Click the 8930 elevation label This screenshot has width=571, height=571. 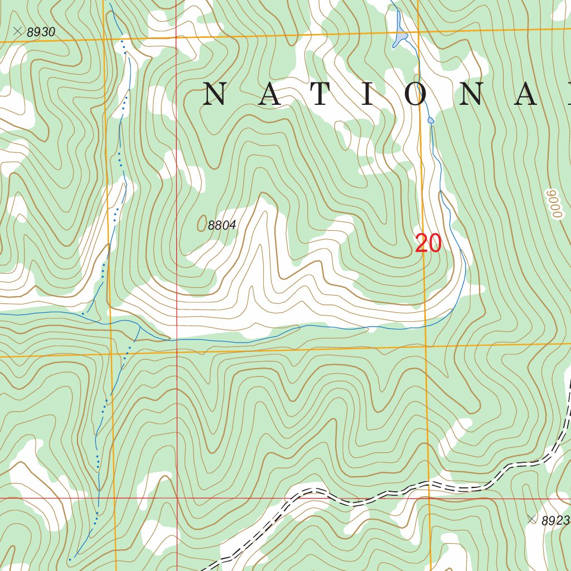pos(41,32)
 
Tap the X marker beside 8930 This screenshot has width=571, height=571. pos(18,32)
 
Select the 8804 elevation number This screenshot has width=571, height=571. pos(222,226)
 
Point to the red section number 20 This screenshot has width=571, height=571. pos(428,244)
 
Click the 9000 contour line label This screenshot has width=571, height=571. pos(553,204)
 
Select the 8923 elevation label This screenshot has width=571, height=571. pos(555,520)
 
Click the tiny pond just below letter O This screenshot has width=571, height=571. pos(430,120)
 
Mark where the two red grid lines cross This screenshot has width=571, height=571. pos(177,498)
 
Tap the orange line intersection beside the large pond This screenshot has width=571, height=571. pos(418,33)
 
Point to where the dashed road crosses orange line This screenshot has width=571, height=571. pos(428,483)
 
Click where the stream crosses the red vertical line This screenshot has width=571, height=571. pos(177,339)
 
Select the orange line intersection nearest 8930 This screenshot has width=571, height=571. pos(105,40)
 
